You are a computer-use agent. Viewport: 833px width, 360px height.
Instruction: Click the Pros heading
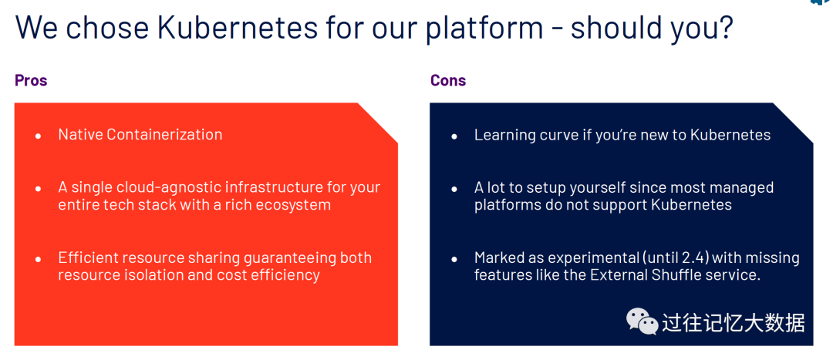coord(31,81)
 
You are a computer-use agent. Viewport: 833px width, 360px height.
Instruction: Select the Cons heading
coord(448,81)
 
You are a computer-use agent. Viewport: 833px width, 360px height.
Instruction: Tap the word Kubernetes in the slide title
coord(238,28)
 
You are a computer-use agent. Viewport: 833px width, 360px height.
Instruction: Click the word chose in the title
coord(108,28)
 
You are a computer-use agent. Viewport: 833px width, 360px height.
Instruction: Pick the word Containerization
coord(164,134)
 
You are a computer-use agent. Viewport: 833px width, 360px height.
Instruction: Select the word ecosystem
coord(291,205)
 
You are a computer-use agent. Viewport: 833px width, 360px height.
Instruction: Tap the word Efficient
coord(88,258)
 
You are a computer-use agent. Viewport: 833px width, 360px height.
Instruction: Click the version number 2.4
coord(696,258)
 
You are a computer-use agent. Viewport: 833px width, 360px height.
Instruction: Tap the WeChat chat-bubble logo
coord(642,321)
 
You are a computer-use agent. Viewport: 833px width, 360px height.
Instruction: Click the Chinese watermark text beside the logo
coord(734,321)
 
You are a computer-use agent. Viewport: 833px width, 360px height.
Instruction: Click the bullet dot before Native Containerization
coord(39,136)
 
